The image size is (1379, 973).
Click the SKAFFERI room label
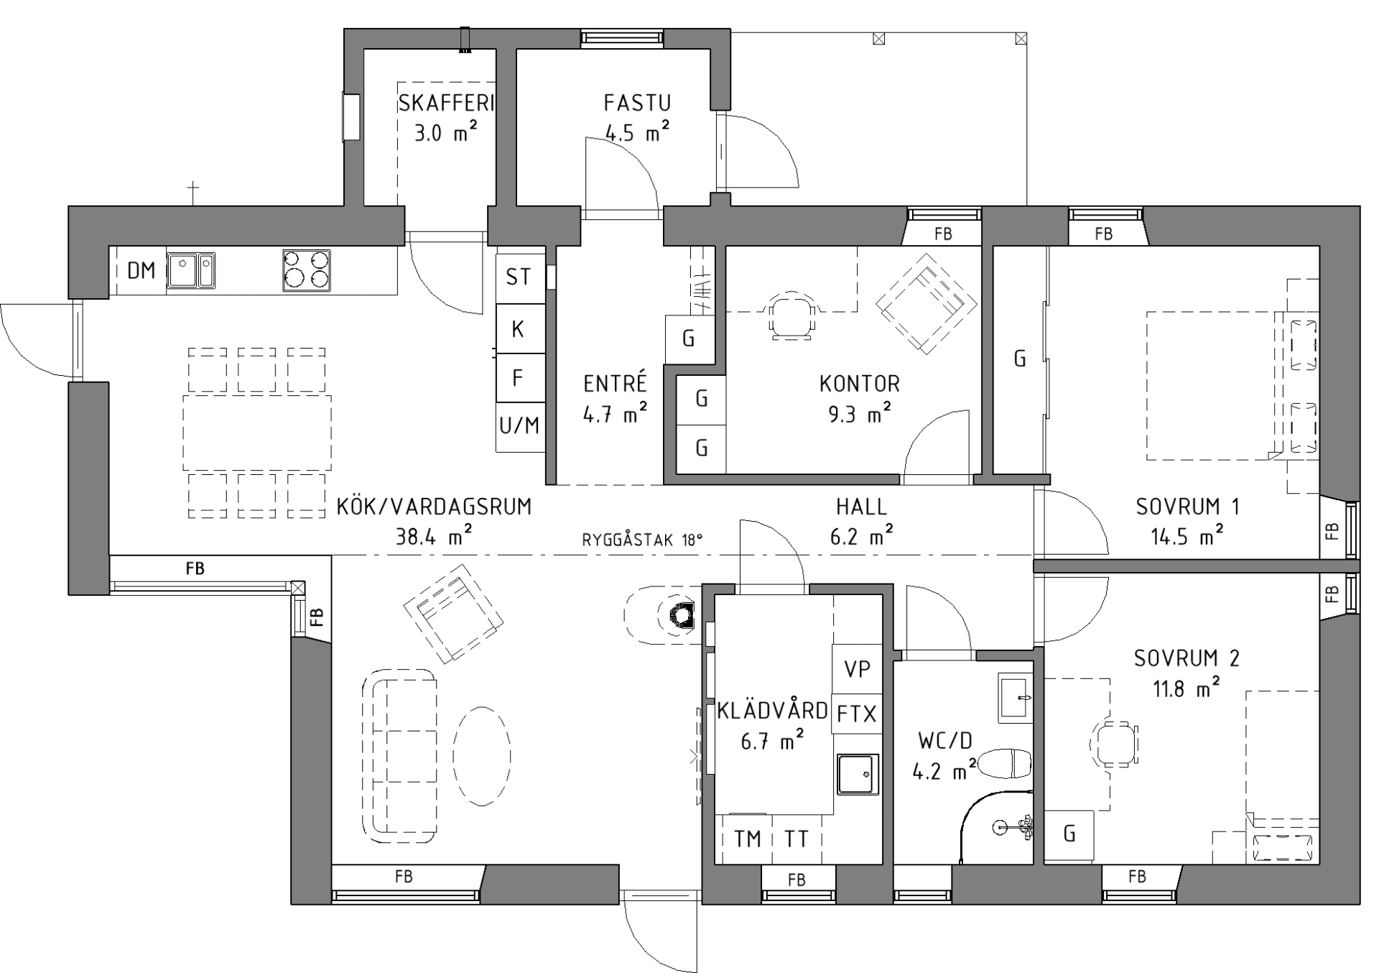(446, 103)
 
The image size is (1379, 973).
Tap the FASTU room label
(636, 103)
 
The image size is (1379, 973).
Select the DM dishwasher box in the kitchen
(141, 271)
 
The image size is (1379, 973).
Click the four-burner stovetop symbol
(307, 270)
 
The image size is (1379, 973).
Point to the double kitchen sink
(190, 270)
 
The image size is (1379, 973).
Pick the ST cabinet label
(519, 277)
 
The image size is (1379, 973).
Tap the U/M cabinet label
(519, 426)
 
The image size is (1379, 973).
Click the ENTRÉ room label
(615, 384)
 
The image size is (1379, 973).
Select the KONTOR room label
(859, 384)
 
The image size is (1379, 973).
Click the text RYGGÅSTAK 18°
(642, 540)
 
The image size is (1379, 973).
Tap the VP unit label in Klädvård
(857, 669)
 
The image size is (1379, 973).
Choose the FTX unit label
(857, 714)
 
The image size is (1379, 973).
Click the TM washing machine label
(747, 839)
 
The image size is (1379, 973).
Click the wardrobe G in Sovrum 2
(1069, 834)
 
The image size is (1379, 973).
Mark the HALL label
(861, 507)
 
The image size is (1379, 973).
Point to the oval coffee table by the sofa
(482, 755)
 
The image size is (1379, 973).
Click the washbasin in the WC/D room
(1015, 698)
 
